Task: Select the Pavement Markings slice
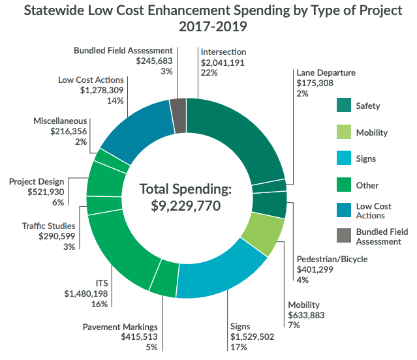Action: pyautogui.click(x=164, y=277)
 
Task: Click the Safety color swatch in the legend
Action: pyautogui.click(x=345, y=106)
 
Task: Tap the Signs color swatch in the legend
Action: pyautogui.click(x=345, y=158)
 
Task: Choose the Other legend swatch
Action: pyautogui.click(x=345, y=185)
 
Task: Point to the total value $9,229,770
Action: pyautogui.click(x=186, y=207)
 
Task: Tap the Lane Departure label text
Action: pyautogui.click(x=326, y=73)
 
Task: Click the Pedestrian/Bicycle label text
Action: pyautogui.click(x=332, y=259)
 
